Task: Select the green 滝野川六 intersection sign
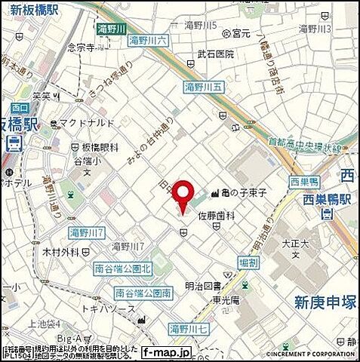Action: click(x=148, y=40)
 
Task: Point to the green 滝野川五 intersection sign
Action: click(x=203, y=87)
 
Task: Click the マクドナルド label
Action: click(x=90, y=123)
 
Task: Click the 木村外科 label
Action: click(x=63, y=251)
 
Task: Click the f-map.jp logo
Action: click(x=169, y=351)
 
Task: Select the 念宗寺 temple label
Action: click(x=80, y=46)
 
